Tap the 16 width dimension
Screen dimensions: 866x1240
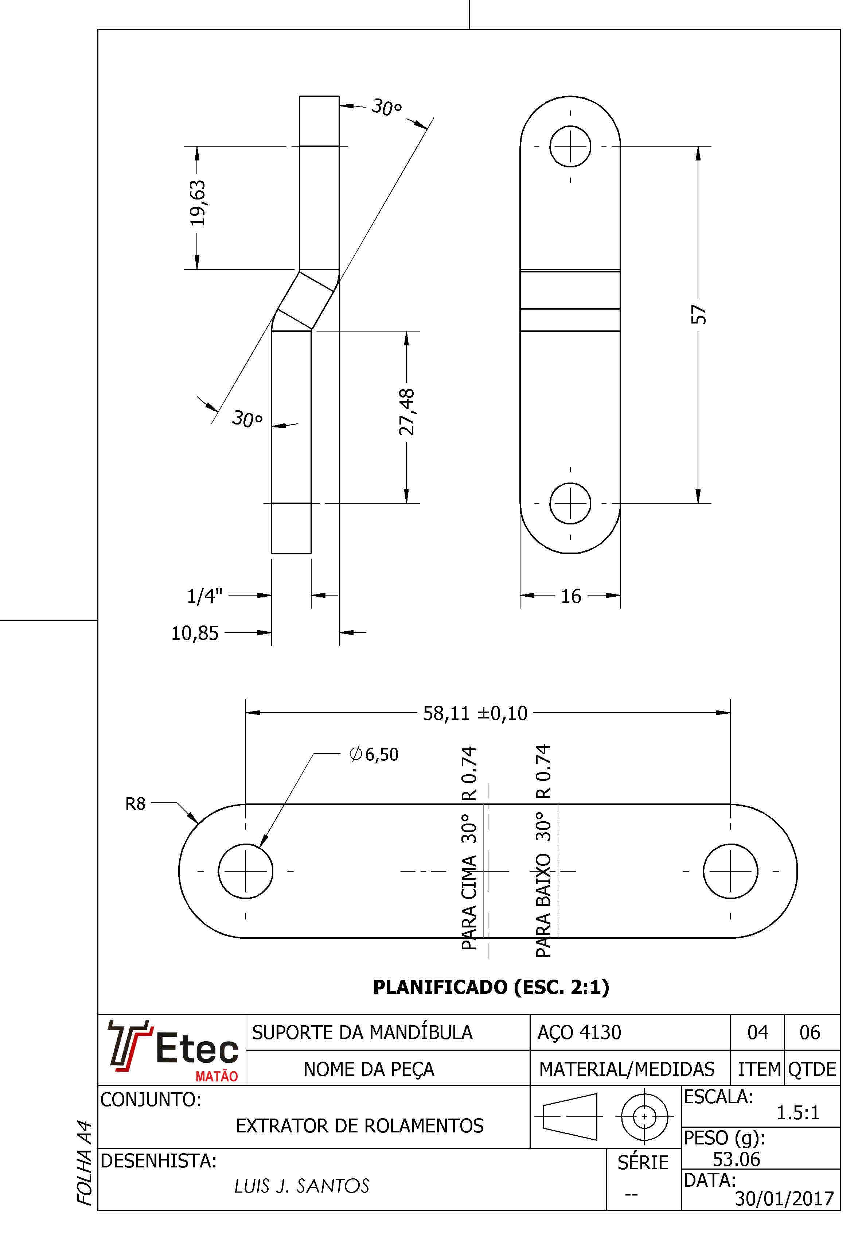[x=571, y=596]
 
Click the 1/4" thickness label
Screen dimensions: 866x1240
[x=204, y=596]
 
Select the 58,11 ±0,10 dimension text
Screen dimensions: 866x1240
[x=475, y=713]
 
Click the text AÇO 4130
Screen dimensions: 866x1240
[x=579, y=1032]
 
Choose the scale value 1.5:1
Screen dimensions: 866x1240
[x=798, y=1113]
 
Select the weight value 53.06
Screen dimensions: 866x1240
[x=736, y=1159]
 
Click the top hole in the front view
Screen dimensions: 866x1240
[x=570, y=146]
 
